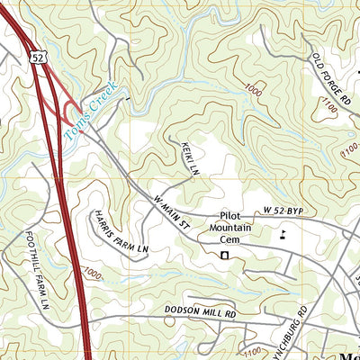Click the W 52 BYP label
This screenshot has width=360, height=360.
(x=285, y=211)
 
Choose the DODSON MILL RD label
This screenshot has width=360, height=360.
(x=200, y=312)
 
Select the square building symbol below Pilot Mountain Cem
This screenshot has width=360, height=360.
(x=225, y=256)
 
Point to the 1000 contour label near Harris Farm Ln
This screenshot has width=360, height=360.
(x=91, y=274)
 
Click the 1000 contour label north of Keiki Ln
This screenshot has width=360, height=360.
(x=252, y=89)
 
